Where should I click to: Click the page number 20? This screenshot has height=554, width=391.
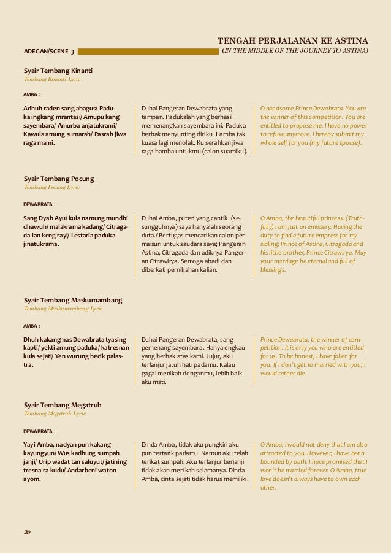[27, 531]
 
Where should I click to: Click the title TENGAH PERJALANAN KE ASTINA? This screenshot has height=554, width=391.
[293, 40]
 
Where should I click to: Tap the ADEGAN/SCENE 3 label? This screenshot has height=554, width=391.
[49, 52]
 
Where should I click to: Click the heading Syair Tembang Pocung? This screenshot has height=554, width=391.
[58, 179]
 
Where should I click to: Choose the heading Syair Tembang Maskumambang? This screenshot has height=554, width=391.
[72, 300]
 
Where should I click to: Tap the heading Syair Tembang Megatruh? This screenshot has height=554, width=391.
[63, 405]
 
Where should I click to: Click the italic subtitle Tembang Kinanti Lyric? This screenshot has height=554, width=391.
[52, 80]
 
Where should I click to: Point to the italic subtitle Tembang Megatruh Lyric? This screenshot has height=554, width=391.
[55, 414]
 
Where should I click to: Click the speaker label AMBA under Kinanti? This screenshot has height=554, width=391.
[31, 95]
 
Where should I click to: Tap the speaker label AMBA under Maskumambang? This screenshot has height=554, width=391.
[31, 325]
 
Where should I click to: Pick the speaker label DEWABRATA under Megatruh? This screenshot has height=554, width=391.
[39, 431]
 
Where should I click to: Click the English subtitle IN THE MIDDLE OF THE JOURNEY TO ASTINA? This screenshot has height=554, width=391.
[295, 51]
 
